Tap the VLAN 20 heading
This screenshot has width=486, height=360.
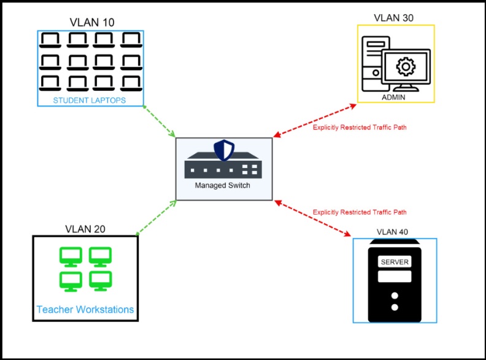pos(85,229)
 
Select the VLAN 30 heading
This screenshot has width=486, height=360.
pos(393,18)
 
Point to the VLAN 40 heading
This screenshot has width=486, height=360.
pos(392,232)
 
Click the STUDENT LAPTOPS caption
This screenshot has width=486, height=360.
pos(90,100)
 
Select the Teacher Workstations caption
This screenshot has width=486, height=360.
pos(85,309)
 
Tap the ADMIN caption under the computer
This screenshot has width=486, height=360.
pos(394,97)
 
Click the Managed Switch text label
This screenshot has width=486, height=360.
pos(223,185)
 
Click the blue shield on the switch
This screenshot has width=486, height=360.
pos(223,150)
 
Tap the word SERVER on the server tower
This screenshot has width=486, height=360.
pos(395,262)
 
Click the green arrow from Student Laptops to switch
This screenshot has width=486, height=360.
pos(160,121)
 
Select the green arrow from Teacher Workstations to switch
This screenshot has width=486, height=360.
pos(156,217)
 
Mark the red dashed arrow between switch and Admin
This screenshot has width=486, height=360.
pos(314,120)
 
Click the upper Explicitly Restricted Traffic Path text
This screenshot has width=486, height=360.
pos(360,128)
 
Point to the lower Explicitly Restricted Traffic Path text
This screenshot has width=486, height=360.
pos(360,212)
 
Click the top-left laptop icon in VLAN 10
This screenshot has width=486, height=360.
pos(50,40)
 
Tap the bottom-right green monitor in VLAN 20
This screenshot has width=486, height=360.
pos(100,280)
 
